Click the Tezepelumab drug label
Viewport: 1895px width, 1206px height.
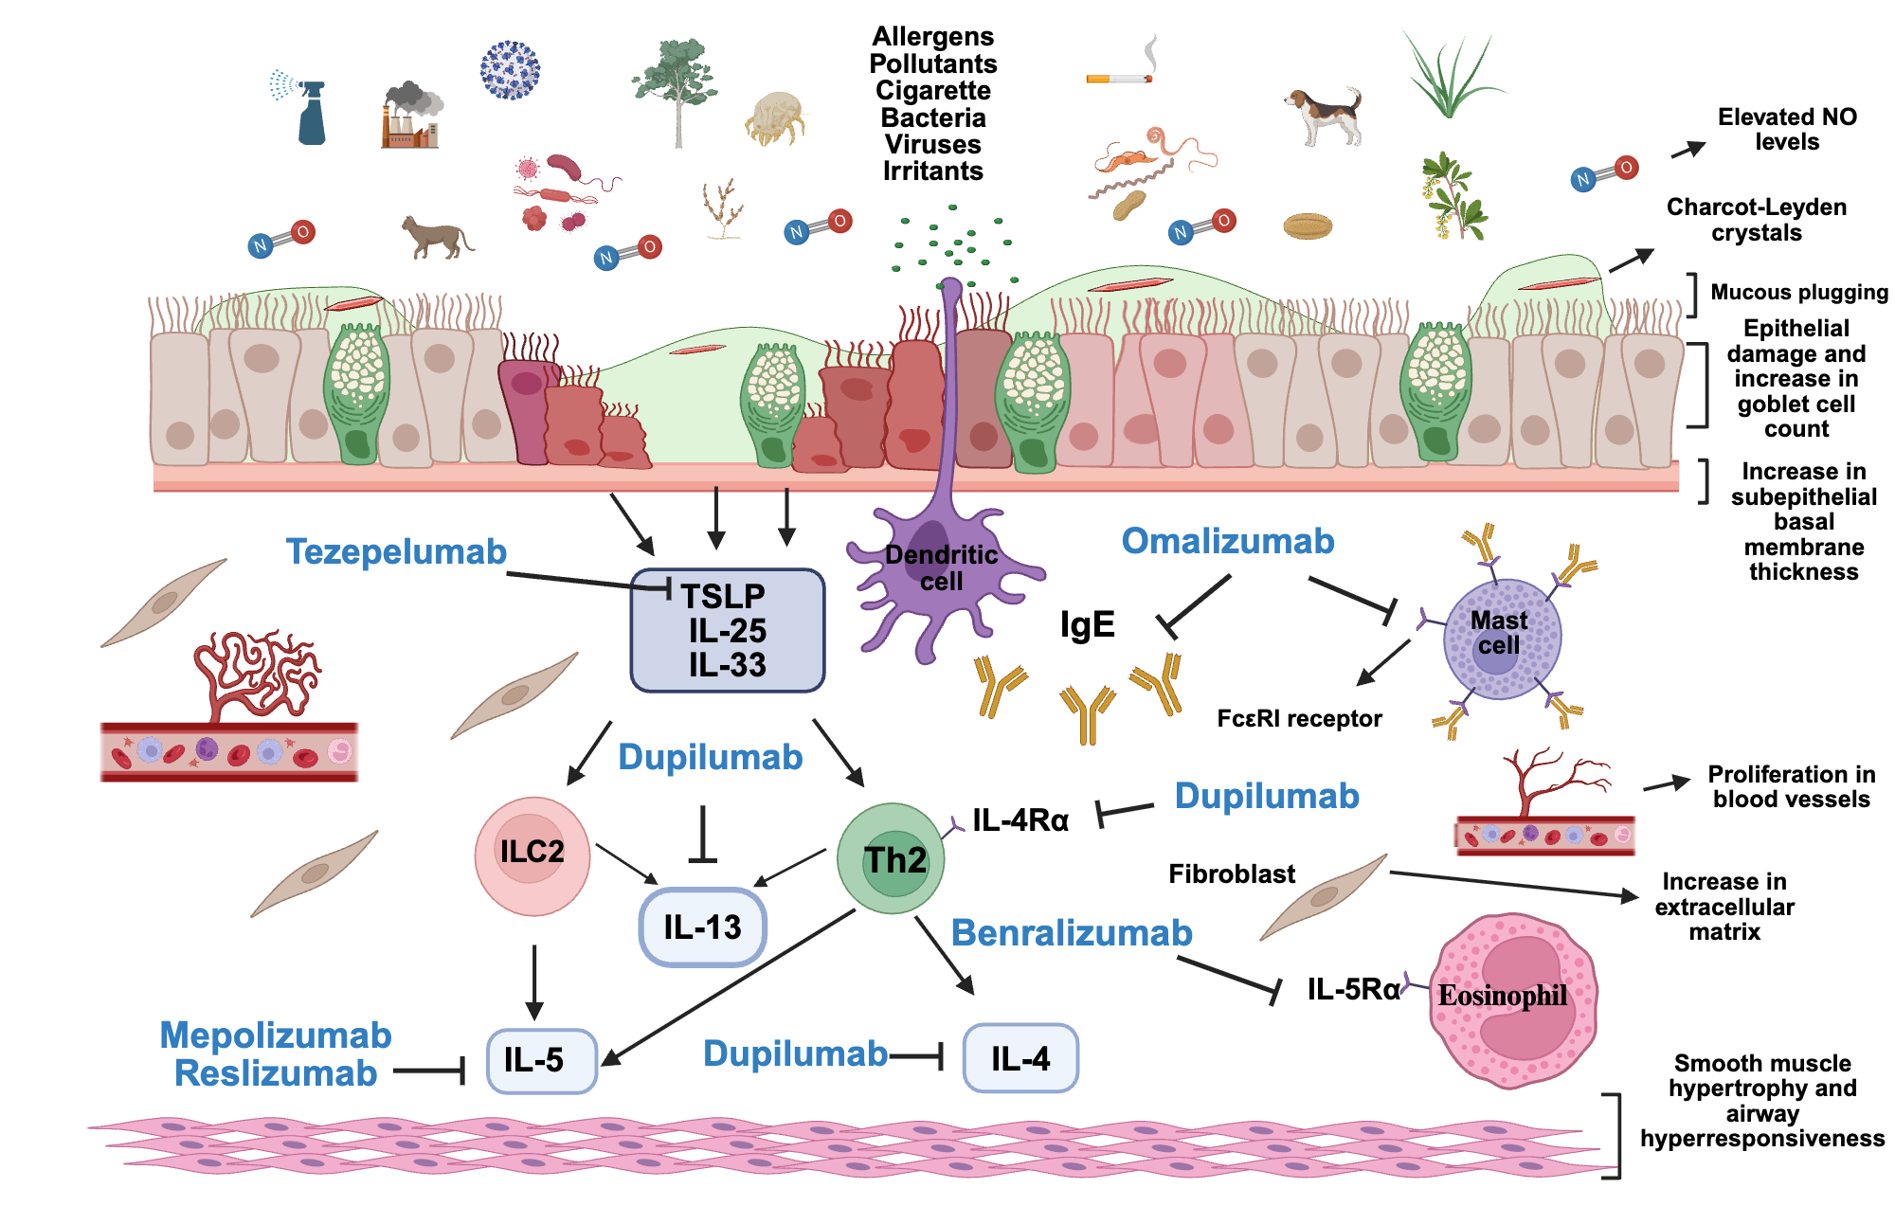tap(396, 551)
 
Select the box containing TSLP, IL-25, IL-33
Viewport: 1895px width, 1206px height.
tap(727, 630)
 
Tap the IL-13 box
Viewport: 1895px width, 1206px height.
tap(702, 927)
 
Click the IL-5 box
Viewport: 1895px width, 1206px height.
tap(541, 1060)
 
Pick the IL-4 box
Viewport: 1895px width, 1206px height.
tap(1020, 1058)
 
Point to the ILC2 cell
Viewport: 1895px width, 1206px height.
tap(532, 855)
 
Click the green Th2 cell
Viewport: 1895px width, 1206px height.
tap(891, 858)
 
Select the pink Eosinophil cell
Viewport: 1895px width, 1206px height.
tap(1511, 999)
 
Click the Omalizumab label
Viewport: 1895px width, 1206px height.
tap(1227, 541)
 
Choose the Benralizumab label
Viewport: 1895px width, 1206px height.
tap(1071, 933)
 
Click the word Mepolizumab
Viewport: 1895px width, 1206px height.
tap(276, 1035)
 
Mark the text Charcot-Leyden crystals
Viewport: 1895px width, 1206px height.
tap(1756, 220)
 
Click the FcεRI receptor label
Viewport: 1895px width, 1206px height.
tap(1299, 719)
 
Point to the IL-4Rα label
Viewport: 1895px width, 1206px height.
tap(1020, 820)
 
